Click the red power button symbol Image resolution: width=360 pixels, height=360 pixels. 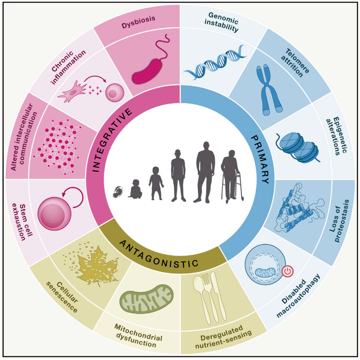287,271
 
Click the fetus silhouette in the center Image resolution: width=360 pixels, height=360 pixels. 117,192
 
